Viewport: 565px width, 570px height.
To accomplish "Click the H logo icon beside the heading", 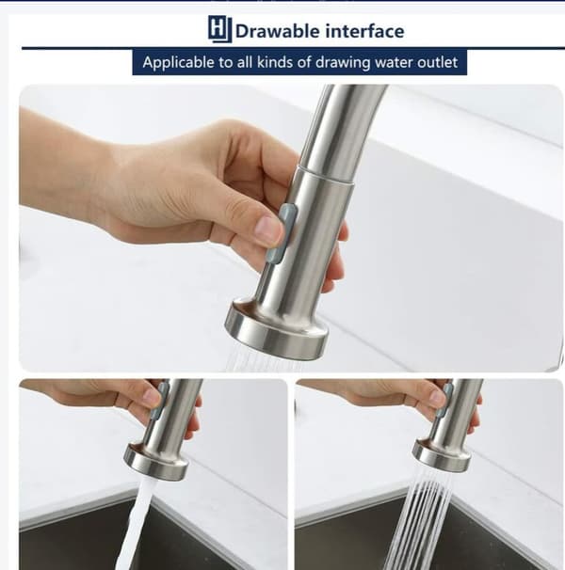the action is point(220,29).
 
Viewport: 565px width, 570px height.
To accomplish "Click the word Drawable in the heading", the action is point(277,31).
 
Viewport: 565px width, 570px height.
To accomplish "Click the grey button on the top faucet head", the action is point(287,232).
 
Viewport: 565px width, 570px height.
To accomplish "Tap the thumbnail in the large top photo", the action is point(268,230).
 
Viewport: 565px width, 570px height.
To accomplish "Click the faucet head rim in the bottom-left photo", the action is point(156,460).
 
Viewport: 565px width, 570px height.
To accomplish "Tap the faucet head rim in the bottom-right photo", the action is point(442,454).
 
